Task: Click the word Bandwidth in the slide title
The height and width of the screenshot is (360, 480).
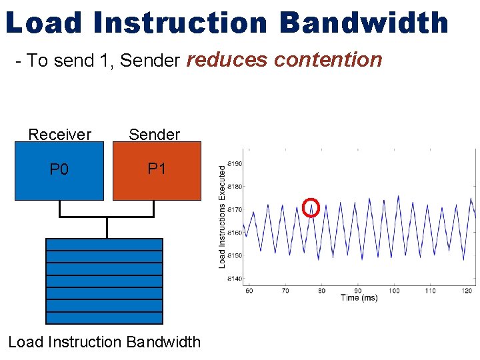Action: pos(364,23)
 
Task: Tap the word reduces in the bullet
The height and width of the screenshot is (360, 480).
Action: pos(227,60)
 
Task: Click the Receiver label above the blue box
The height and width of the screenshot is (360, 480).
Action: pos(59,135)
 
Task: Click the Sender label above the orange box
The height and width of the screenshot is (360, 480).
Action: pos(154,135)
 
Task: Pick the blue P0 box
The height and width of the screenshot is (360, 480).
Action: pos(59,171)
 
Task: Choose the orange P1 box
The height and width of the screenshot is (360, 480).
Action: pos(157,171)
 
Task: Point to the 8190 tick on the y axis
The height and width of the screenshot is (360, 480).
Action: pos(234,163)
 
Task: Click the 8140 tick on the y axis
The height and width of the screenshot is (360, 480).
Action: pos(234,279)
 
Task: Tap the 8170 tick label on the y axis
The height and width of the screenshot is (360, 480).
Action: pos(234,209)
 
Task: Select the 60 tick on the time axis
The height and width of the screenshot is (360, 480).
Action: pos(249,291)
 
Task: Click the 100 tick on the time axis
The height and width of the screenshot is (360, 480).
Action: pos(394,291)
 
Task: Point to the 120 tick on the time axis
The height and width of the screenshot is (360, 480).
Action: pos(467,291)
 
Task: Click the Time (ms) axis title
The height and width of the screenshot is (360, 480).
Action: pos(359,298)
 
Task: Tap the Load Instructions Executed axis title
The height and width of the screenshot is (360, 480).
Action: pos(223,217)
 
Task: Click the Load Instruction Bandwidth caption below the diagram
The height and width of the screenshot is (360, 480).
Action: pos(104,342)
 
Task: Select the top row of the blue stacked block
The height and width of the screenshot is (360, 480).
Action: pos(104,245)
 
